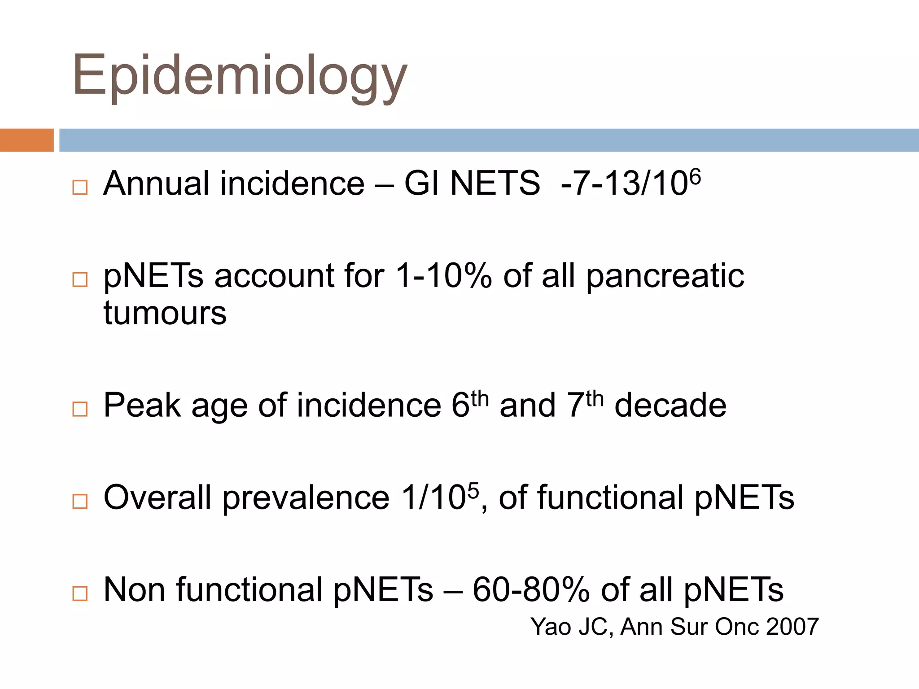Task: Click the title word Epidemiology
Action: pyautogui.click(x=240, y=75)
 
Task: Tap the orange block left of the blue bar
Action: pyautogui.click(x=26, y=140)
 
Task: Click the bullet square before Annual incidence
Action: pyautogui.click(x=80, y=187)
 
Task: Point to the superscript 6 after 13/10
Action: pyautogui.click(x=695, y=176)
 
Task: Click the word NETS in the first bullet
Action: pyautogui.click(x=495, y=183)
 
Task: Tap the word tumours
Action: pyautogui.click(x=165, y=313)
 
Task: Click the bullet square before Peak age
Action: pyautogui.click(x=80, y=409)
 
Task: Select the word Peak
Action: pyautogui.click(x=142, y=406)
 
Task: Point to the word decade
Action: pyautogui.click(x=670, y=406)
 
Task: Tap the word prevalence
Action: pyautogui.click(x=306, y=498)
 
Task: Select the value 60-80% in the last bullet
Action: pyautogui.click(x=531, y=590)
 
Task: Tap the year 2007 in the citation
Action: pyautogui.click(x=792, y=627)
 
